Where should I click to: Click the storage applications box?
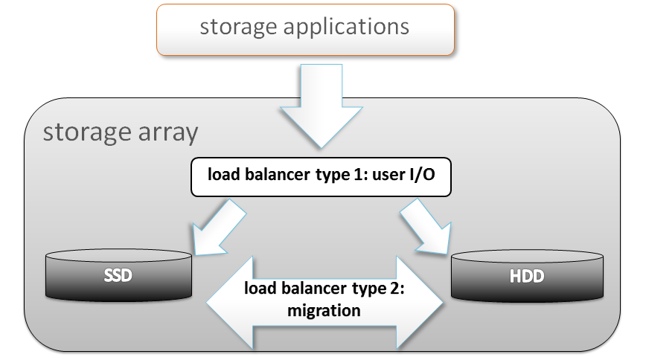pyautogui.click(x=305, y=30)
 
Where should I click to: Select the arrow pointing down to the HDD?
pyautogui.click(x=426, y=227)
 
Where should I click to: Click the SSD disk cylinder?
pyautogui.click(x=119, y=275)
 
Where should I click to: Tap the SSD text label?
pyautogui.click(x=119, y=276)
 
